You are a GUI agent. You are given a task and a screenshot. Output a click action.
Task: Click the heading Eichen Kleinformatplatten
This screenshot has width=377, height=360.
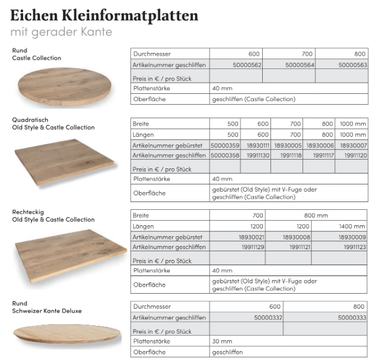pos(104,15)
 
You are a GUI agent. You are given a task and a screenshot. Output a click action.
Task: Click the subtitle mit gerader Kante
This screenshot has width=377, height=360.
pos(61,31)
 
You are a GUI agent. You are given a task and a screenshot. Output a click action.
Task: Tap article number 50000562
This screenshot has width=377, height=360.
pos(247,65)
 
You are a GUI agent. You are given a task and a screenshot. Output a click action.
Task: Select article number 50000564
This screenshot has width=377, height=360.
pos(300,65)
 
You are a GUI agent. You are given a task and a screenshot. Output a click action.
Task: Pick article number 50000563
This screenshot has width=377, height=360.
pos(353,65)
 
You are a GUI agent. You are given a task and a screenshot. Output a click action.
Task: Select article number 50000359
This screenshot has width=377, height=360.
pos(225,145)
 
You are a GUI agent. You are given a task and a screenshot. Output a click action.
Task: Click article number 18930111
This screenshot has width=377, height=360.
pos(256,145)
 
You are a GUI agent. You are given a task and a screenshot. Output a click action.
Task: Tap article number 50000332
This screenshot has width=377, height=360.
pos(267,317)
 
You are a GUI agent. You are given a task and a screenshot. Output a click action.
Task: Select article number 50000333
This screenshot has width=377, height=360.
pos(351,317)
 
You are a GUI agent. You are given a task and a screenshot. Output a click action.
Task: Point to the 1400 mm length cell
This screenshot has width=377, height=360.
pos(352,226)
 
